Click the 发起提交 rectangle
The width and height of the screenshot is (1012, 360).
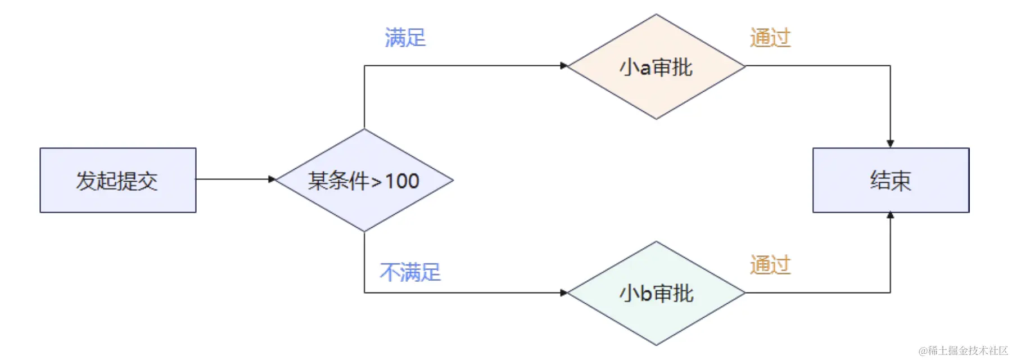(x=118, y=181)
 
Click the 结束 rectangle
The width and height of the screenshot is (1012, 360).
(x=891, y=181)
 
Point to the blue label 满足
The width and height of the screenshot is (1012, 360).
(x=405, y=38)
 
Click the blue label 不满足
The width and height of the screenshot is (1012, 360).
(x=410, y=273)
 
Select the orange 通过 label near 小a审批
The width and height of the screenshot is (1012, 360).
(x=770, y=38)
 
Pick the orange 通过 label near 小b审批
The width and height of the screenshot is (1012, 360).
(x=770, y=265)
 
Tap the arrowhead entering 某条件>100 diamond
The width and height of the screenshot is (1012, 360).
(x=272, y=179)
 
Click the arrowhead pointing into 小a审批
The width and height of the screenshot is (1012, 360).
(x=564, y=66)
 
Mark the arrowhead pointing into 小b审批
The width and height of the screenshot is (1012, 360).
(x=564, y=292)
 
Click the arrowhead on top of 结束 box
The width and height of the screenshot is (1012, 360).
(x=890, y=144)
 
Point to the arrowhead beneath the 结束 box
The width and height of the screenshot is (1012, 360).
(x=890, y=215)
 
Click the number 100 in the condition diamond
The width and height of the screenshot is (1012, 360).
(x=402, y=181)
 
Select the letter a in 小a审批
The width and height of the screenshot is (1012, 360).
(x=645, y=68)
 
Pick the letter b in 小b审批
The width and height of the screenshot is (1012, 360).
(x=645, y=294)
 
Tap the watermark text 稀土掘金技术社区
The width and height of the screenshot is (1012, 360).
(x=967, y=351)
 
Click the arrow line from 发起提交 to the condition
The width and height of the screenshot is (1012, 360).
(x=233, y=179)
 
